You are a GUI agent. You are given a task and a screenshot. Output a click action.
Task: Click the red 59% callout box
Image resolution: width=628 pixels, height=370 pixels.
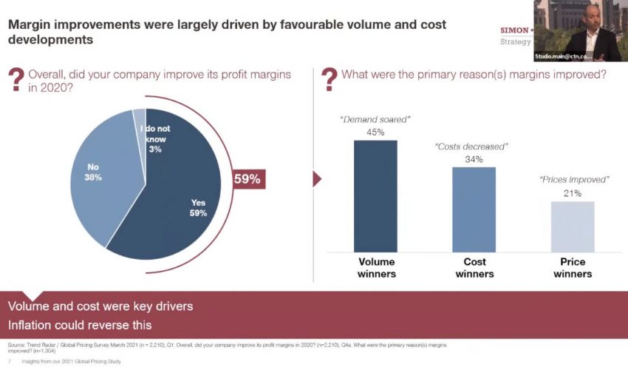tap(247, 178)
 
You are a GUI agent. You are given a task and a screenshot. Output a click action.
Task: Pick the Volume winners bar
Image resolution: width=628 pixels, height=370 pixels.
tap(375, 196)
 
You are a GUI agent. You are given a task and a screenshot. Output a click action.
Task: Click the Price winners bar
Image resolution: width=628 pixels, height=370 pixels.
tap(572, 226)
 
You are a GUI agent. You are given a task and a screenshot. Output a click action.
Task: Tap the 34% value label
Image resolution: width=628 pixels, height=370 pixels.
tap(474, 159)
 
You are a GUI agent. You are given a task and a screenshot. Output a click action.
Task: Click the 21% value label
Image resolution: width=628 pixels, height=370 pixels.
tap(572, 193)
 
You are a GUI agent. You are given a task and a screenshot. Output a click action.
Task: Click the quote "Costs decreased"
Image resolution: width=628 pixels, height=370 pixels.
tap(474, 147)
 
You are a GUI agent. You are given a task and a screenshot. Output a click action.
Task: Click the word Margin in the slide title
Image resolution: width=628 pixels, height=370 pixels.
tap(29, 24)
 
